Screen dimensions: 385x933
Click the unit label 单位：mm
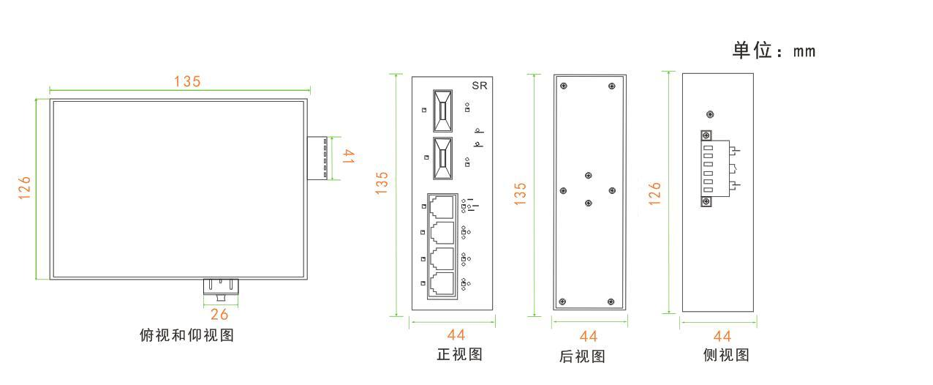tap(774, 51)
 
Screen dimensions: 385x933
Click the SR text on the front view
tap(480, 86)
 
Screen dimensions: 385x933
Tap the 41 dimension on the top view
tap(349, 157)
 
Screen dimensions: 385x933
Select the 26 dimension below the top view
tap(219, 315)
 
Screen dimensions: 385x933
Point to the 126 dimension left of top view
tap(26, 190)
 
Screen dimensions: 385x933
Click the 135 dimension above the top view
tap(187, 81)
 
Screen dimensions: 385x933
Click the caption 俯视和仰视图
tap(186, 335)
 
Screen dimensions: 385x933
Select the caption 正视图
tap(459, 354)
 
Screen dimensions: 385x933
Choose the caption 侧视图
tap(726, 355)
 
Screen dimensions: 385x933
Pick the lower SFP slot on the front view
tap(442, 157)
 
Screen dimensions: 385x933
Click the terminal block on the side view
tap(708, 169)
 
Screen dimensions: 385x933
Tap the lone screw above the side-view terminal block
tap(709, 114)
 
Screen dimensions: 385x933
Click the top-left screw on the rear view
tap(563, 86)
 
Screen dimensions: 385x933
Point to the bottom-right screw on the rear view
tap(611, 302)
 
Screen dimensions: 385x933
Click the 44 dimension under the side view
tap(722, 336)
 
